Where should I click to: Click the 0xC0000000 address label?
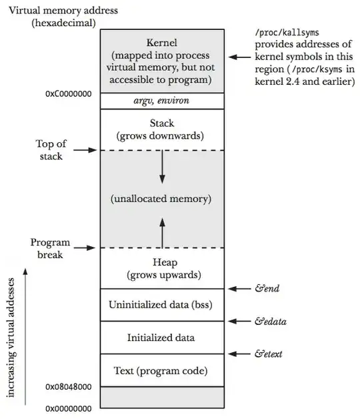pos(67,95)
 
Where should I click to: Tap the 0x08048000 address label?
pos(67,387)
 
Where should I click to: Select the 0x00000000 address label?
pos(67,408)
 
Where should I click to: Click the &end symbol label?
pos(267,289)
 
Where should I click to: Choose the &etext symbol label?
pos(270,354)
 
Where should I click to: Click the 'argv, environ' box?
pos(161,100)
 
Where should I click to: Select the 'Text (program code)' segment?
pos(161,370)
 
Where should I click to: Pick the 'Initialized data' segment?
pos(161,338)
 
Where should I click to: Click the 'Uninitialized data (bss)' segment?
pos(161,305)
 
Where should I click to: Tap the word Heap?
pos(161,262)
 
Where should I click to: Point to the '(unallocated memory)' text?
pos(161,199)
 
